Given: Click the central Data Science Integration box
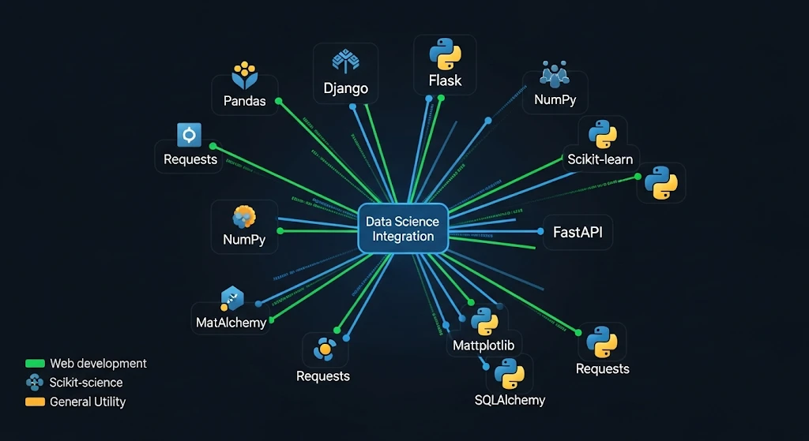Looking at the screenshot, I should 403,229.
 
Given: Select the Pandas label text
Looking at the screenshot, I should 244,101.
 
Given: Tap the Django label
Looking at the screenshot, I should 345,88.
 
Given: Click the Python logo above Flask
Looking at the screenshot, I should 445,55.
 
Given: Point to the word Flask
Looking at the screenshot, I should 445,80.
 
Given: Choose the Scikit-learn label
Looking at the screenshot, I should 600,159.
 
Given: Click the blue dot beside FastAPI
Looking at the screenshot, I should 540,232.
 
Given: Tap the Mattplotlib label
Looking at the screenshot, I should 487,346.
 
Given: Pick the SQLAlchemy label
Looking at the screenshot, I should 510,399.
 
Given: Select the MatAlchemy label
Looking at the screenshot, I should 231,322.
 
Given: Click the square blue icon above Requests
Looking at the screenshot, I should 190,136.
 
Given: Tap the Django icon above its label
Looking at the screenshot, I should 345,62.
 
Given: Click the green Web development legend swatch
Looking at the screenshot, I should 35,364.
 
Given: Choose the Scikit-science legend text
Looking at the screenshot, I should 86,383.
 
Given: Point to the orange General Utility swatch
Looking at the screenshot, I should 35,402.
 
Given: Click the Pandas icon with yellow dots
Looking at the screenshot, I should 244,74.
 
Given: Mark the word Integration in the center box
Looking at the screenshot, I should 403,237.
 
